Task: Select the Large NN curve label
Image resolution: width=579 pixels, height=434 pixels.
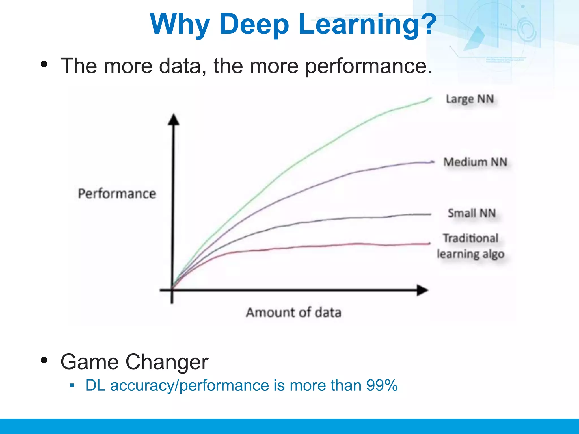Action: pyautogui.click(x=470, y=99)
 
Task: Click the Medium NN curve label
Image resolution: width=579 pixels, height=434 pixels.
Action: pyautogui.click(x=475, y=162)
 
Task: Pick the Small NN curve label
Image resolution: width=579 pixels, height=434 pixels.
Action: pyautogui.click(x=472, y=213)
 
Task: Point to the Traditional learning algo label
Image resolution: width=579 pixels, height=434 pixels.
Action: pyautogui.click(x=470, y=246)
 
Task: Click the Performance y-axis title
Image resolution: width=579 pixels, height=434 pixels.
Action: pyautogui.click(x=117, y=194)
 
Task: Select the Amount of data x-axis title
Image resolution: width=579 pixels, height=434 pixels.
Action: pyautogui.click(x=293, y=313)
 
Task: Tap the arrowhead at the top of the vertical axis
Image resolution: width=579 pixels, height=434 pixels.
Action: pyautogui.click(x=174, y=119)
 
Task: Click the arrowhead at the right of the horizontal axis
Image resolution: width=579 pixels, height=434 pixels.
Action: pyautogui.click(x=423, y=290)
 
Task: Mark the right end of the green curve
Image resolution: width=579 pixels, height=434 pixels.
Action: pyautogui.click(x=431, y=98)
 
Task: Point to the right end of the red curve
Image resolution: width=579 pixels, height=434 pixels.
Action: pyautogui.click(x=429, y=244)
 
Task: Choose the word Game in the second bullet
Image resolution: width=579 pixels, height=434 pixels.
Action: pyautogui.click(x=89, y=362)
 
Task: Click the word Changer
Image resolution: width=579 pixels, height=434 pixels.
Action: pyautogui.click(x=167, y=362)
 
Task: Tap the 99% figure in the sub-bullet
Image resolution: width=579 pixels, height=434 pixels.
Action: pyautogui.click(x=382, y=385)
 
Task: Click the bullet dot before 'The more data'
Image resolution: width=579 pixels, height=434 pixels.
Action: pyautogui.click(x=44, y=64)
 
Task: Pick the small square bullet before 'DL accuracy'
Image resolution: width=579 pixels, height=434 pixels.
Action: pyautogui.click(x=72, y=385)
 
